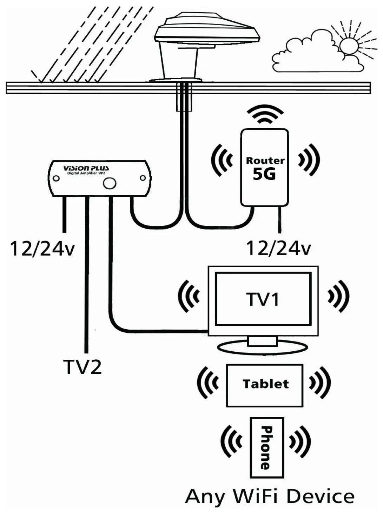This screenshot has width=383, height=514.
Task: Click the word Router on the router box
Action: click(265, 161)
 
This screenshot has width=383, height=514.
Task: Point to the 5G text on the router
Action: click(264, 174)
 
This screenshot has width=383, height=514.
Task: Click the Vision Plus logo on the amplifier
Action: click(86, 168)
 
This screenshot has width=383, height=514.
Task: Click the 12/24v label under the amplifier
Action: click(42, 249)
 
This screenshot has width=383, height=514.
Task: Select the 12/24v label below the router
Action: click(278, 249)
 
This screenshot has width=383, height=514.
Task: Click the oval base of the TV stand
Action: click(263, 347)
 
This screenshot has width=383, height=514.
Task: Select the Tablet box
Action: click(265, 385)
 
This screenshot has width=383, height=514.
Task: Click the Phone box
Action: click(267, 447)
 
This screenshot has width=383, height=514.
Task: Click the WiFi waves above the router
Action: click(265, 114)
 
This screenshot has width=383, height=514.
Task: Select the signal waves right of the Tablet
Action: click(319, 383)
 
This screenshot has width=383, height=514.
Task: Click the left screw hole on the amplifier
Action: click(56, 178)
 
